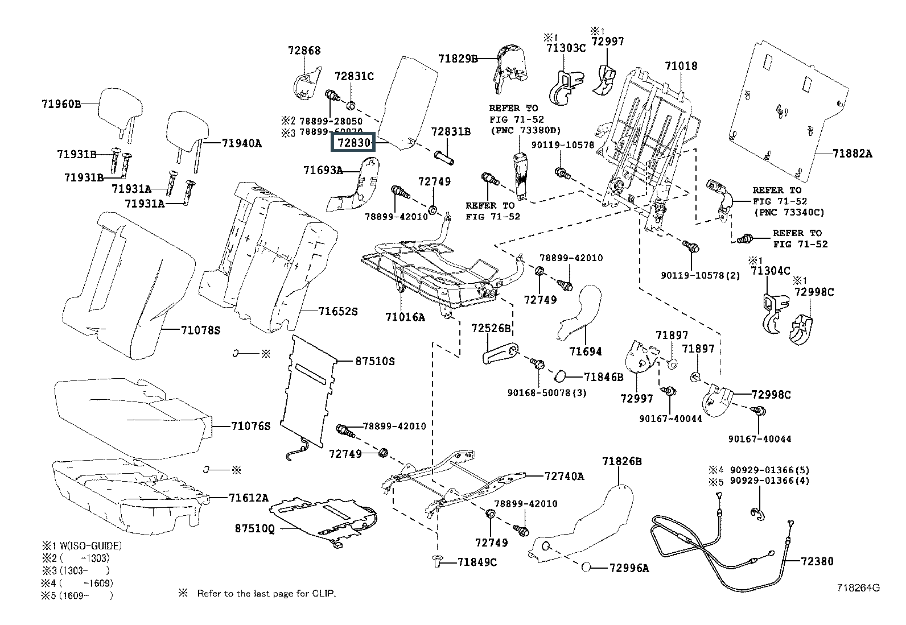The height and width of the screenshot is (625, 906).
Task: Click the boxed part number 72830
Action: [353, 142]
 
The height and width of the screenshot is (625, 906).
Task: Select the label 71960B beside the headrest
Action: [61, 104]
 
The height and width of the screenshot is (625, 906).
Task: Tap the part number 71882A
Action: [852, 154]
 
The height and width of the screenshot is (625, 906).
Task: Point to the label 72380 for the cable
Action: [817, 561]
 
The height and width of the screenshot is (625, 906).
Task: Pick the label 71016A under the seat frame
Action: [405, 317]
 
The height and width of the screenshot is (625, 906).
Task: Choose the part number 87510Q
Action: [254, 528]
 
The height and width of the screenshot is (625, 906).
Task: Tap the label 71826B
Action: [622, 461]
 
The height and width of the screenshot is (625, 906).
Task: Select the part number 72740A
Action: [564, 476]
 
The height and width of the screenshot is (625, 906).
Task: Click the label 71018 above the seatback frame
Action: [681, 66]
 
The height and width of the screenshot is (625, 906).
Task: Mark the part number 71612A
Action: [248, 498]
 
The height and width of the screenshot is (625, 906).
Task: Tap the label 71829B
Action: [458, 58]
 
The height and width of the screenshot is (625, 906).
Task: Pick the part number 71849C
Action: [477, 562]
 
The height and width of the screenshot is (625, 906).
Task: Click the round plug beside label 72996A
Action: [588, 567]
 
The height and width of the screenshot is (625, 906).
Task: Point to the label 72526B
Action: [491, 328]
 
